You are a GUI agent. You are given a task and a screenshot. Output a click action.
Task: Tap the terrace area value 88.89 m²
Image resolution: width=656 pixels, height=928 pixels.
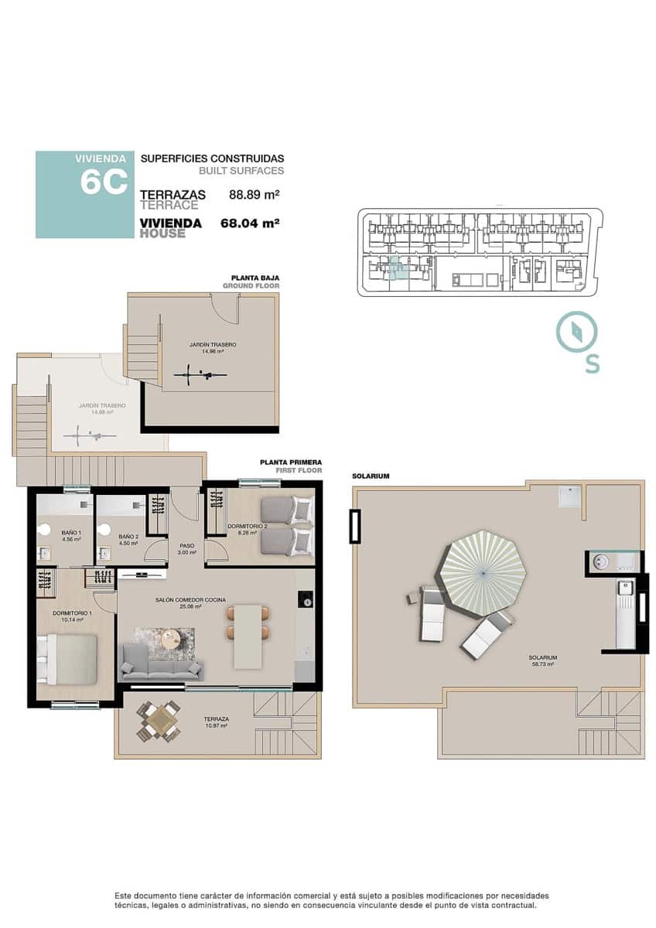point(254,195)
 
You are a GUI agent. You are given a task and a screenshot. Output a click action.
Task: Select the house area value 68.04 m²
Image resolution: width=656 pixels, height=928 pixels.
point(249,223)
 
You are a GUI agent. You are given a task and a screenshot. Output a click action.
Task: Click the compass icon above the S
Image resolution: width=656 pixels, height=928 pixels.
point(576,332)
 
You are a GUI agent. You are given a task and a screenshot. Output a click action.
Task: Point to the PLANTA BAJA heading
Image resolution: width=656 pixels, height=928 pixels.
point(255,278)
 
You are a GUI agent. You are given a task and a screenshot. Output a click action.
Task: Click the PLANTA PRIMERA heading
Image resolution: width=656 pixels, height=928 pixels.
point(291,462)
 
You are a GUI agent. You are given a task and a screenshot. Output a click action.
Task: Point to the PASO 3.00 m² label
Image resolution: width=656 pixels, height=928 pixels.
point(186,549)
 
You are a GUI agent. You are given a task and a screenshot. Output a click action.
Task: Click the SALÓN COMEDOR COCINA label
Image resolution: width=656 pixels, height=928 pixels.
point(178,603)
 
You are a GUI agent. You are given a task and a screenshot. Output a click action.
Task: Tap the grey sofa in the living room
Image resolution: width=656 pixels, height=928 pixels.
point(161,667)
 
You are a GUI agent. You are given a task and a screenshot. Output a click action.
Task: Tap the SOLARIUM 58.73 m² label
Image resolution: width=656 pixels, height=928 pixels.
point(545,660)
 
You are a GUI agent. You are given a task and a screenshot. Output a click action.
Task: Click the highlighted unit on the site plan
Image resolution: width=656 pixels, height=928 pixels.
point(396,271)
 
